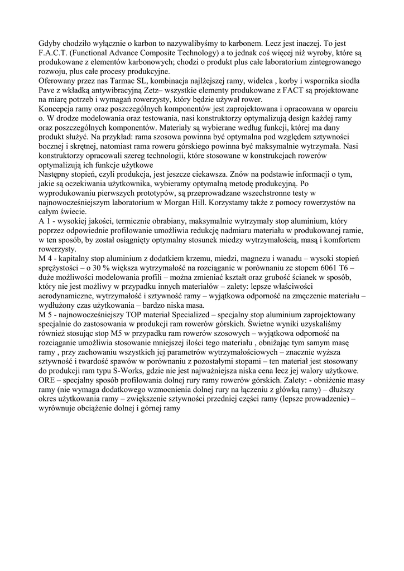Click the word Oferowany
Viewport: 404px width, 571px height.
tap(59, 81)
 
